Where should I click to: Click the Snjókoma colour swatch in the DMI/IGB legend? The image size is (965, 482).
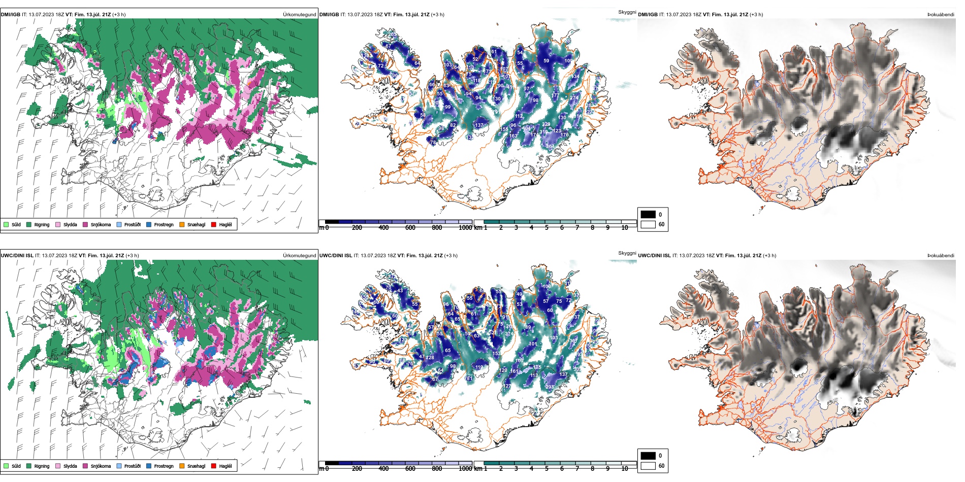tap(85, 224)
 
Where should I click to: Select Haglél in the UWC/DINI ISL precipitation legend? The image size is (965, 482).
tap(214, 466)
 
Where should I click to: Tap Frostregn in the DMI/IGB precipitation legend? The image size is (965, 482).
tap(149, 224)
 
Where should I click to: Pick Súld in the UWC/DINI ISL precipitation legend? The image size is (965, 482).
tap(6, 466)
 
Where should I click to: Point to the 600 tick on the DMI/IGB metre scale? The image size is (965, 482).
tap(410, 228)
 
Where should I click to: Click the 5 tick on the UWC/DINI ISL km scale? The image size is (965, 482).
tap(546, 469)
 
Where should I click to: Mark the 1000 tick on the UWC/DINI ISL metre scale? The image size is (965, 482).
tap(465, 469)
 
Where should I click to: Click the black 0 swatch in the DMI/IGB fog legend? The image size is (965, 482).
tap(648, 215)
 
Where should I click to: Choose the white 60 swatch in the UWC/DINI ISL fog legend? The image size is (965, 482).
tap(648, 466)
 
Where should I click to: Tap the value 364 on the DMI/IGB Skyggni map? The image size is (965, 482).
tap(550, 147)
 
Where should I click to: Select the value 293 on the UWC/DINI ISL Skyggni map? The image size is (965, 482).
tap(550, 387)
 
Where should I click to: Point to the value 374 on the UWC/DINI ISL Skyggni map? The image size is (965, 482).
tap(509, 334)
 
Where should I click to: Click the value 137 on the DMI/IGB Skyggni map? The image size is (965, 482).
tap(479, 125)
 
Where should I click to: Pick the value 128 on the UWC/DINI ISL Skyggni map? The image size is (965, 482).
tap(430, 358)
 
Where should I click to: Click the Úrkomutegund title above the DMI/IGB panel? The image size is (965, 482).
tap(299, 15)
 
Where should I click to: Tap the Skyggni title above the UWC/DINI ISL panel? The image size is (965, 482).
tap(627, 253)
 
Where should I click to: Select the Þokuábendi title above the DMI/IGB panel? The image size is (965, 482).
tap(941, 15)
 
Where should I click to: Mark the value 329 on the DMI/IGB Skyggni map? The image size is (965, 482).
tap(546, 124)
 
